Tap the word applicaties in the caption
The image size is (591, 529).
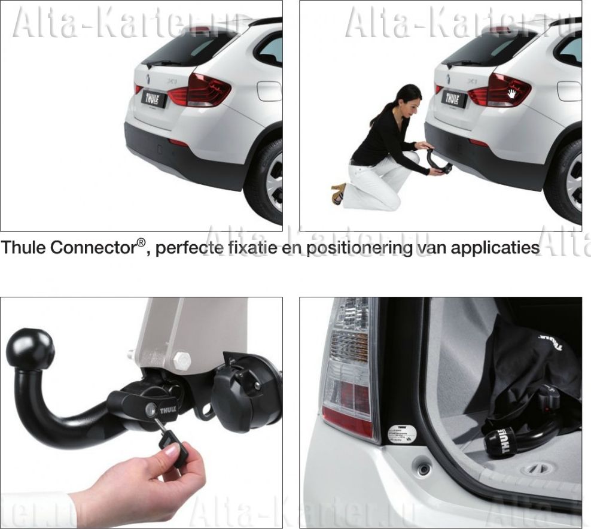click(x=494, y=248)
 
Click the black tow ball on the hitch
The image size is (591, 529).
click(x=30, y=349)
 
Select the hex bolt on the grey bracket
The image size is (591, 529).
click(x=181, y=361)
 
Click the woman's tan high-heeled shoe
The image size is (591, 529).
click(x=339, y=193)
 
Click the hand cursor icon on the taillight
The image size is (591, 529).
click(x=513, y=93)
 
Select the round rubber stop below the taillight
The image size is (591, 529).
click(x=423, y=468)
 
